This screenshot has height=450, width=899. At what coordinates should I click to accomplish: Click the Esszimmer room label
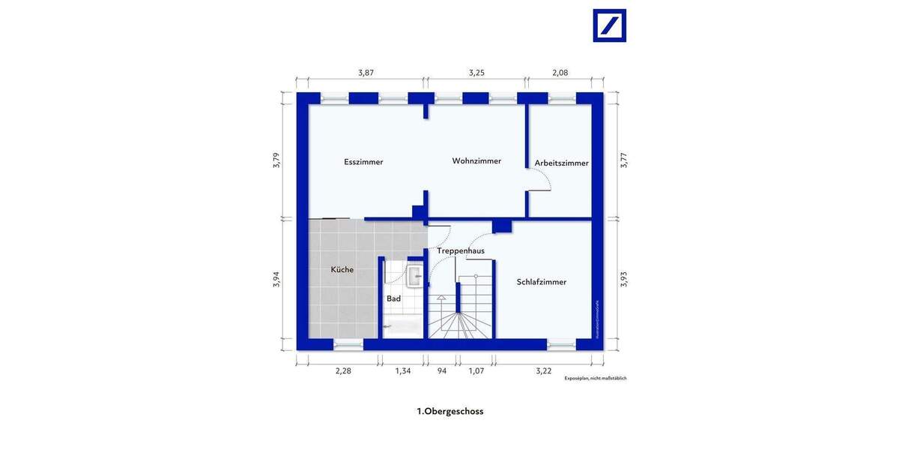(363, 162)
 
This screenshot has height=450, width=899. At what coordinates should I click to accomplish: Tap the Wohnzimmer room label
(476, 161)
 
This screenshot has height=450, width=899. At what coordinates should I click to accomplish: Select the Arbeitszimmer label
(561, 163)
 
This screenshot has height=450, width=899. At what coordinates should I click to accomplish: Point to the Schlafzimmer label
(541, 282)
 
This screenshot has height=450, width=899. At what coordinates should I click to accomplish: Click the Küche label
(342, 269)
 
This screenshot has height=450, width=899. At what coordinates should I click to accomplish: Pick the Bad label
(393, 298)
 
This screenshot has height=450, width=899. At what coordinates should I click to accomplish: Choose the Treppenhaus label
(460, 250)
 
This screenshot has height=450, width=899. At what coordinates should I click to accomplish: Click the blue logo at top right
(609, 25)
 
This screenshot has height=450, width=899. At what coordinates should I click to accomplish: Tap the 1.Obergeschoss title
(449, 411)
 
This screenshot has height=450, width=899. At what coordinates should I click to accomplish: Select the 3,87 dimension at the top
(366, 73)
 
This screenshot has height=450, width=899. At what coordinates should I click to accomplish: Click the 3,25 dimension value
(476, 73)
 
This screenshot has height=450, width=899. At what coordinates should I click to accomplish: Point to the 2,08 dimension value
(560, 73)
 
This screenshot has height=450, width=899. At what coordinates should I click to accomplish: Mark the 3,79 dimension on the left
(276, 160)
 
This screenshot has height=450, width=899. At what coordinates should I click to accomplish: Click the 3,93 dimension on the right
(623, 279)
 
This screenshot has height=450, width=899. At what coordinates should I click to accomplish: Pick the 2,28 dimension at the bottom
(343, 370)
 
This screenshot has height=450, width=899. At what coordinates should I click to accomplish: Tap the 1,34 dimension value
(403, 370)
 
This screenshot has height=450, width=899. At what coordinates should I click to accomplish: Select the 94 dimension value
(441, 370)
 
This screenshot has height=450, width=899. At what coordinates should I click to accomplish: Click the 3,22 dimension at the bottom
(543, 370)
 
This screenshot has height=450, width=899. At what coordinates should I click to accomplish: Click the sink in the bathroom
(414, 275)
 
